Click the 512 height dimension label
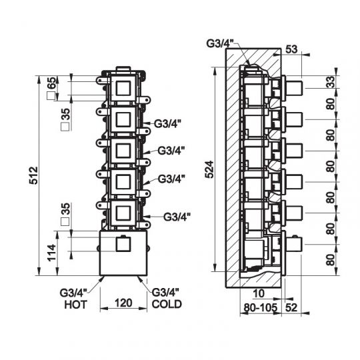point(34,175)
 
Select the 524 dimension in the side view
point(209,170)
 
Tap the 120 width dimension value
point(123,303)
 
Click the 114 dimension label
point(52,252)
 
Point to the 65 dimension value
point(52,83)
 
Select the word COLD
point(167,304)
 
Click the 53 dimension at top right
point(291,49)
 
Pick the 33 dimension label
point(331,82)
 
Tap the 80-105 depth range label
point(261,307)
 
